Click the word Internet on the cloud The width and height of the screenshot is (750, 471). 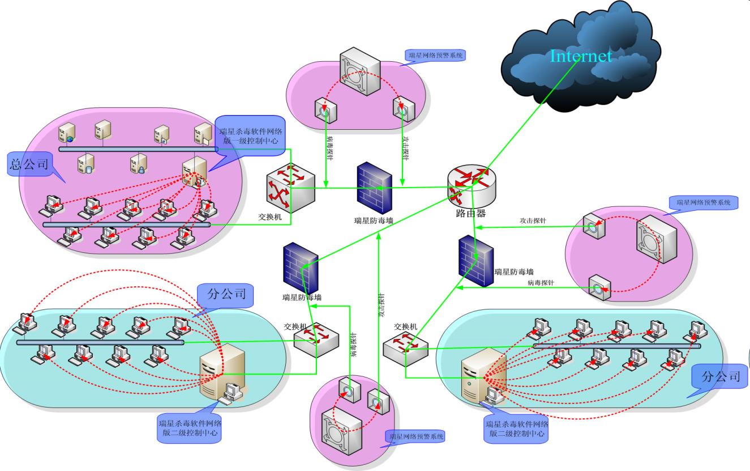coord(581,56)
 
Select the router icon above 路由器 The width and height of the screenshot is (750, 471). coord(473,186)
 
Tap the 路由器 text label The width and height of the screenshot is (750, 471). coord(470,214)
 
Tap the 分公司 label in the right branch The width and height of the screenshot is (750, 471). coord(720,376)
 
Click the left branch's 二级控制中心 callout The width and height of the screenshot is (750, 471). coord(190,428)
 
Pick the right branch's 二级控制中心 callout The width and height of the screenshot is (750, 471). coord(516,428)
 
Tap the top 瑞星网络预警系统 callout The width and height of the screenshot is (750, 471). coord(436,56)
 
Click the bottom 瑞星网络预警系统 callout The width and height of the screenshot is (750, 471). coord(415,436)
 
